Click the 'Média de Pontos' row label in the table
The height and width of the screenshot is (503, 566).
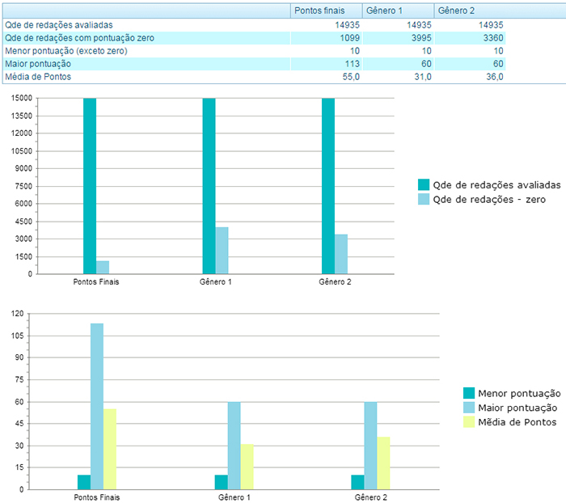(x=38, y=76)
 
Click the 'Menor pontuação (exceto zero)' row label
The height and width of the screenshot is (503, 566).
(x=65, y=51)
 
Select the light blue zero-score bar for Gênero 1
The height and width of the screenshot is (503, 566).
(x=222, y=251)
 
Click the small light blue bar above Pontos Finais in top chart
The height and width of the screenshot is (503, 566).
(x=103, y=267)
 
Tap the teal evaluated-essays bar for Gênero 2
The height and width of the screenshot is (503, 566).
(x=328, y=186)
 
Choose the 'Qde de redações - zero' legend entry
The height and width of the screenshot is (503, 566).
(x=488, y=199)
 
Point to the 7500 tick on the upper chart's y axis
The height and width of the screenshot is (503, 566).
(x=22, y=186)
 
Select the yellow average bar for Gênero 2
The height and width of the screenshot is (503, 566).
(x=383, y=463)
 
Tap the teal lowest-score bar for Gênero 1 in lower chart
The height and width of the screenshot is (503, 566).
(x=221, y=482)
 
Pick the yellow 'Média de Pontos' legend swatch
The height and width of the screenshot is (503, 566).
(x=469, y=422)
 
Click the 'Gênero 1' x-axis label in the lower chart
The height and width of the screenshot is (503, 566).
(x=234, y=497)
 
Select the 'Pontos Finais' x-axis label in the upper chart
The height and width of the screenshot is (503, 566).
(x=96, y=282)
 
